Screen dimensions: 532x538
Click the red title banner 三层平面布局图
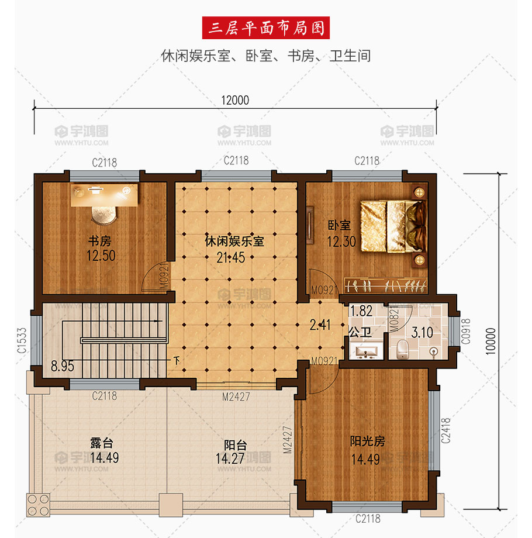pyautogui.click(x=266, y=28)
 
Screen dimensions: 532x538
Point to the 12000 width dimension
pyautogui.click(x=235, y=100)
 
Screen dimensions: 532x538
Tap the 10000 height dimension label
pyautogui.click(x=490, y=341)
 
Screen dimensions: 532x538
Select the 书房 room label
pyautogui.click(x=100, y=241)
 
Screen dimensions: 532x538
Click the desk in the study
pyautogui.click(x=104, y=195)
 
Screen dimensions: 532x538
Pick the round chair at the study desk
pyautogui.click(x=104, y=215)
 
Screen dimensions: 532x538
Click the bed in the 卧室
pyautogui.click(x=393, y=226)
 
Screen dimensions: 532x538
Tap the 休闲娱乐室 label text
pyautogui.click(x=234, y=241)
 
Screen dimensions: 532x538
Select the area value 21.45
pyautogui.click(x=231, y=257)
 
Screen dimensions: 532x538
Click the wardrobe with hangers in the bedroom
pyautogui.click(x=386, y=285)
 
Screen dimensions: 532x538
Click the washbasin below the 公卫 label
pyautogui.click(x=367, y=353)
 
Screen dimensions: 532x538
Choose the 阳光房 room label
pyautogui.click(x=367, y=442)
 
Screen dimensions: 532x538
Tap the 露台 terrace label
pyautogui.click(x=102, y=443)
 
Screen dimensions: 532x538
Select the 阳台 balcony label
pyautogui.click(x=235, y=445)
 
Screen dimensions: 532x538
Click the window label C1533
pyautogui.click(x=22, y=340)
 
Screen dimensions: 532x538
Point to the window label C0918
pyautogui.click(x=465, y=331)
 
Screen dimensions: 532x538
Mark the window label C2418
pyautogui.click(x=445, y=430)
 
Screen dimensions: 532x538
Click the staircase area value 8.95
pyautogui.click(x=63, y=366)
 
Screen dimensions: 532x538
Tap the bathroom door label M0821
pyautogui.click(x=395, y=320)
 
